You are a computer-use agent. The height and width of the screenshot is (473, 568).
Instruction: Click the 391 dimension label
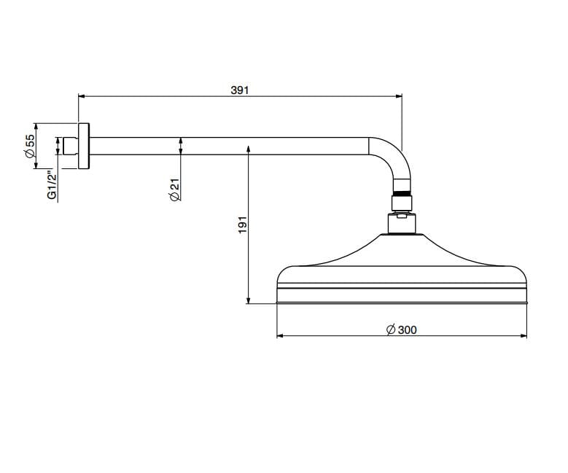coord(240,90)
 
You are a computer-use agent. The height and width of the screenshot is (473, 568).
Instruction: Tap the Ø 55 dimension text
coord(30,146)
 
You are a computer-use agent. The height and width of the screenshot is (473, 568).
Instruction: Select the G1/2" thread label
coord(52,186)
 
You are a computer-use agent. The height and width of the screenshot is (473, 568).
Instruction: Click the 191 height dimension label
coord(243,224)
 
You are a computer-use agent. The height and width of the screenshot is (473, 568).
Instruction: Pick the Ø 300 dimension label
coord(401,330)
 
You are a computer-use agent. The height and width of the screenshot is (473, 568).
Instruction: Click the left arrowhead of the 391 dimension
coord(82,96)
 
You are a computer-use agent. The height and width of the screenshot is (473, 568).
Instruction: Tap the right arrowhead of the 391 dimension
coord(399,96)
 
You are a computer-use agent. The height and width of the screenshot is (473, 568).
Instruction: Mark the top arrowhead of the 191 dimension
coord(248,149)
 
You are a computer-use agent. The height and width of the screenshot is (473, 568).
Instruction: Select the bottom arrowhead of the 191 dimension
coord(248,300)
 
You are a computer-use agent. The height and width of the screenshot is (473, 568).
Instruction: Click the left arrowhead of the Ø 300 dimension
coord(280,336)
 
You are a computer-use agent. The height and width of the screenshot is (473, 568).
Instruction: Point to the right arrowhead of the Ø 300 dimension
coord(524,336)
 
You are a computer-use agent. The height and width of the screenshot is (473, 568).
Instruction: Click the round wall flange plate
coord(84,146)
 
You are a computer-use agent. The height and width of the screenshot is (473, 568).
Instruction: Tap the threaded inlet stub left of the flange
coord(71,146)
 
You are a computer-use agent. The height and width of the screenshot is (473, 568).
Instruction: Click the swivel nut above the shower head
coord(402,203)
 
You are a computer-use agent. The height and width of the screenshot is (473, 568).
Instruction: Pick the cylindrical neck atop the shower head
coord(402,224)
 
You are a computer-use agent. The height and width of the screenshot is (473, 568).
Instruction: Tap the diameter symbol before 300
coord(391,330)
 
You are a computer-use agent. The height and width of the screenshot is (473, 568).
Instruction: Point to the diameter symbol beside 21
coord(174,196)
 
